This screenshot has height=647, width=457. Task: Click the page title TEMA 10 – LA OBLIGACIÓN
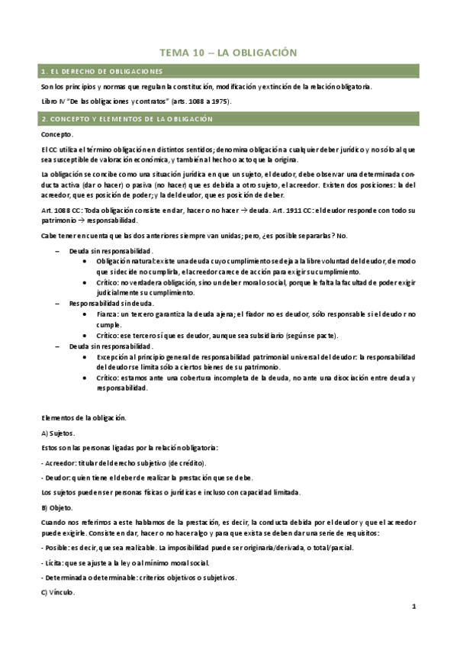click(227, 52)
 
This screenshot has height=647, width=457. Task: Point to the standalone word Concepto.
click(57, 134)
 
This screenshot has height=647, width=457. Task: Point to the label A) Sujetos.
click(58, 433)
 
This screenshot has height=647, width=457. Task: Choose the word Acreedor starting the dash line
click(60, 462)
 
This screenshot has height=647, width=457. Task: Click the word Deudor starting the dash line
click(58, 476)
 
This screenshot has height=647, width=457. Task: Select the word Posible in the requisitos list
click(56, 548)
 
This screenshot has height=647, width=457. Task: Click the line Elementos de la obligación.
click(84, 417)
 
